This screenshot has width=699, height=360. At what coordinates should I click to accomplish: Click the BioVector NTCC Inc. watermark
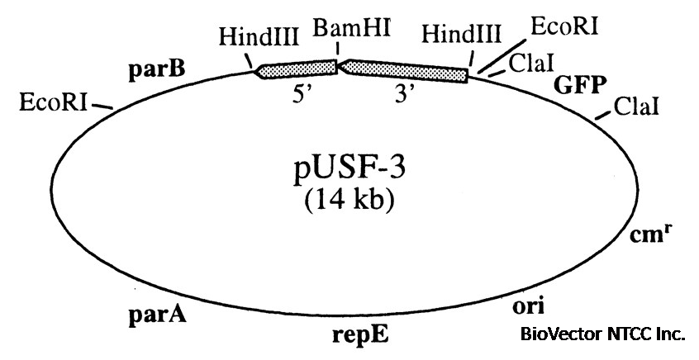(x=602, y=335)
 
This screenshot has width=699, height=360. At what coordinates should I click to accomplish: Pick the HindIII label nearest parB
(x=253, y=37)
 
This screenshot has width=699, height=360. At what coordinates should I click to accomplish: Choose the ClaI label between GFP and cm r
(x=635, y=107)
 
